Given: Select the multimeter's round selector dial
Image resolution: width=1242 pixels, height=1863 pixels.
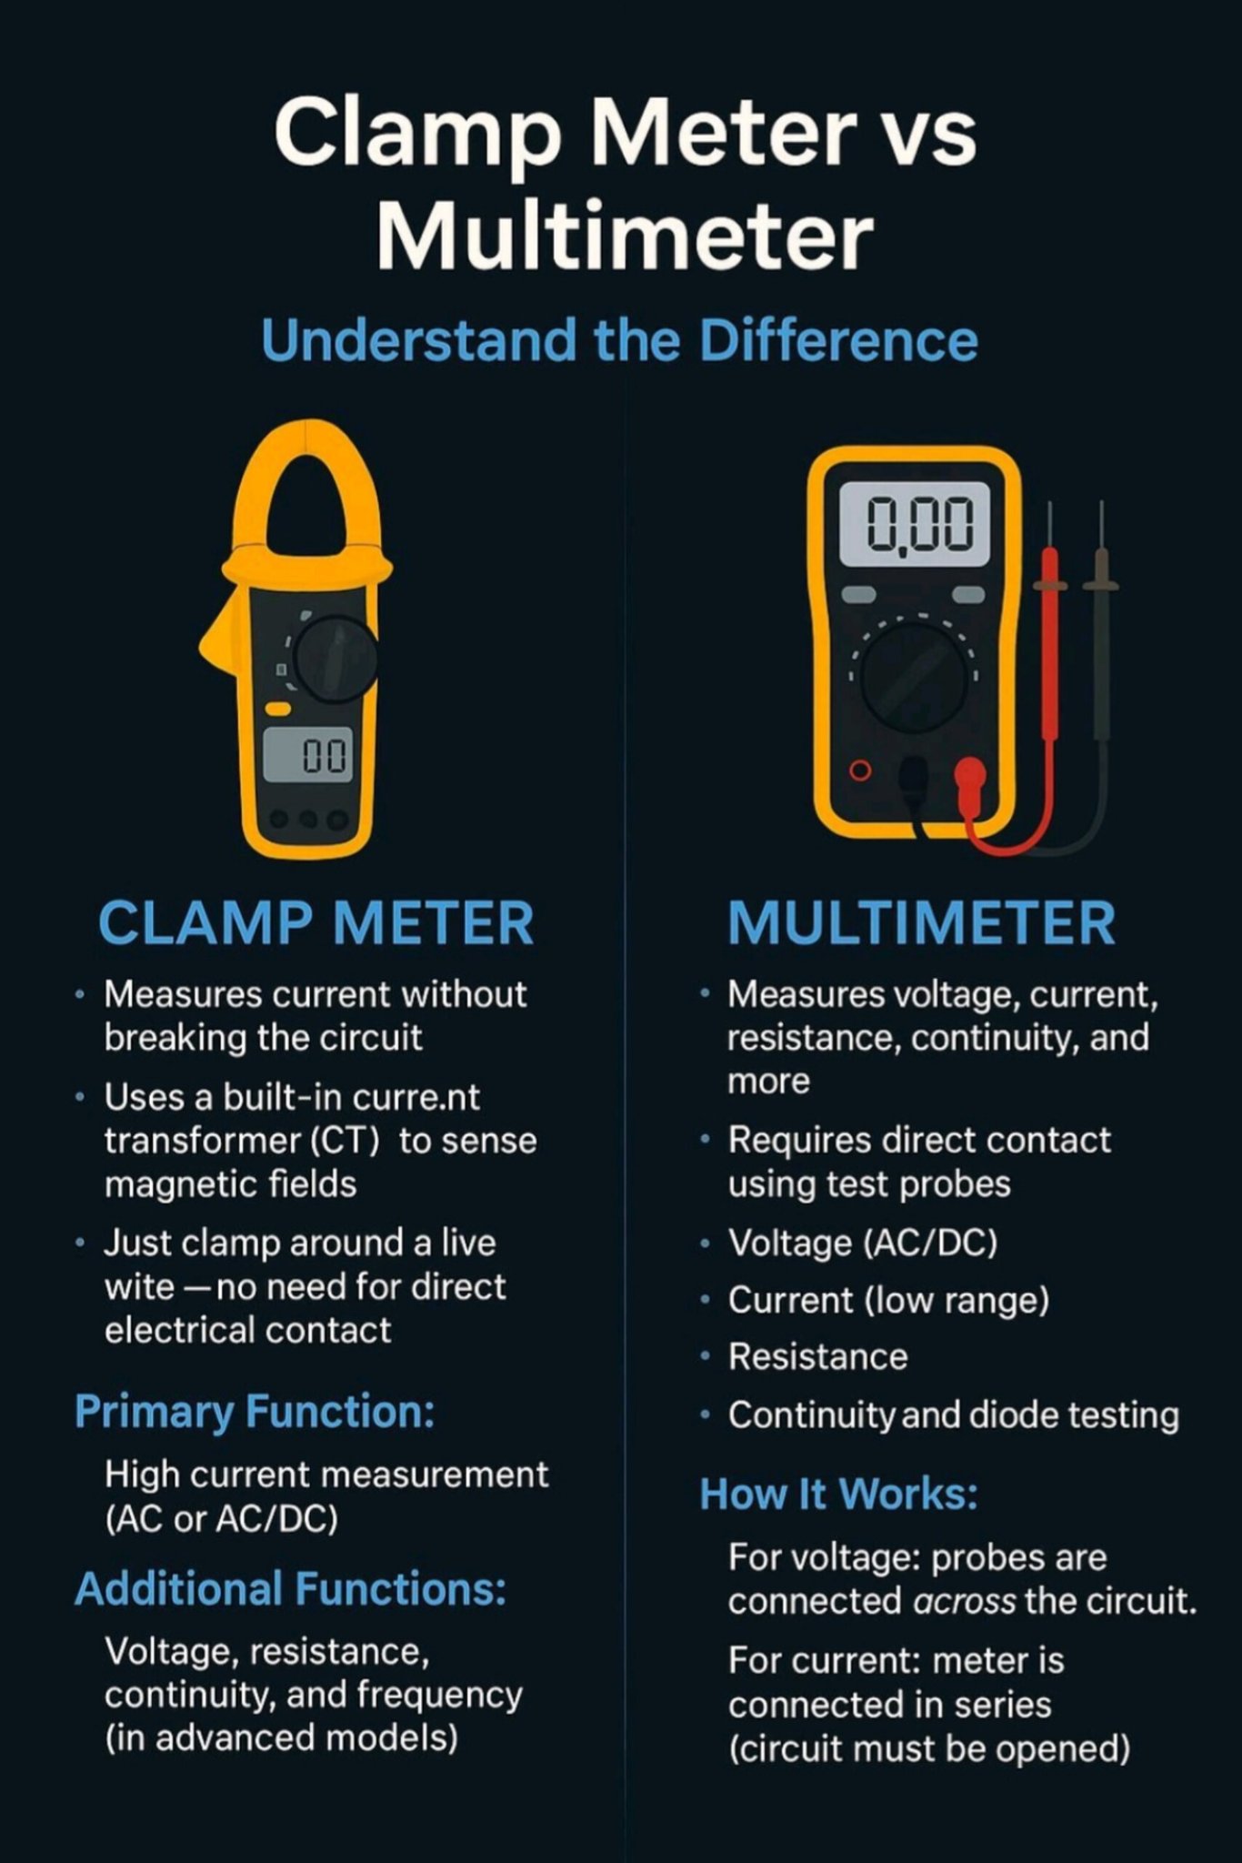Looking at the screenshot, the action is (x=914, y=679).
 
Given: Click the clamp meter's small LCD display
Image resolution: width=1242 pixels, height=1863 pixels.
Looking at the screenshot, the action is (x=307, y=754).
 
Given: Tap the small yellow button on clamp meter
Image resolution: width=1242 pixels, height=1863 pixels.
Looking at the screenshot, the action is (x=277, y=709).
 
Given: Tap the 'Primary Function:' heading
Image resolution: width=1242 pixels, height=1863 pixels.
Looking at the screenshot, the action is (x=255, y=1412).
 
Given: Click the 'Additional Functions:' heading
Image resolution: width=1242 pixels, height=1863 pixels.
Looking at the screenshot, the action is (x=290, y=1589).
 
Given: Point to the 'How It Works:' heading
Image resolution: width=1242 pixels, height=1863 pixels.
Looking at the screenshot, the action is (x=838, y=1494).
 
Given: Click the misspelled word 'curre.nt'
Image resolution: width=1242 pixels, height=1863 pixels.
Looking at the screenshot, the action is (x=416, y=1097).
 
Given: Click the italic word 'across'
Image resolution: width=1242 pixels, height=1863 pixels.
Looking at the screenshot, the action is (x=963, y=1601).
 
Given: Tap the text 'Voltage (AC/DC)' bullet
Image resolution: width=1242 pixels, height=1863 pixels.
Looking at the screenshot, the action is (x=863, y=1243).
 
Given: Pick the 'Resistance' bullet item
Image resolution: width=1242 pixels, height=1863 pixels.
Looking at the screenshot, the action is (x=818, y=1357).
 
